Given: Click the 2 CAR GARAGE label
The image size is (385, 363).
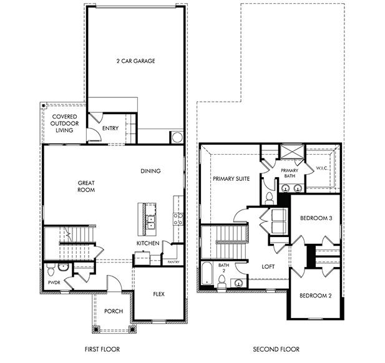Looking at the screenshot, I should tap(135, 61).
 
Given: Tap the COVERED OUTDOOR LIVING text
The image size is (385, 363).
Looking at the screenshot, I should tap(64, 123).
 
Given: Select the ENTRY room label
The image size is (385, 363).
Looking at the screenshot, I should tap(110, 128).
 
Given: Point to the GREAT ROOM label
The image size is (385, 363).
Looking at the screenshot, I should tap(86, 186).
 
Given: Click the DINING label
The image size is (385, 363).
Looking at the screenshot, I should tap(150, 171).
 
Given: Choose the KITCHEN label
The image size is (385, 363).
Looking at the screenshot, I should tap(148, 243).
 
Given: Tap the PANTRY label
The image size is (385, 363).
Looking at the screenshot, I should tap(173, 262).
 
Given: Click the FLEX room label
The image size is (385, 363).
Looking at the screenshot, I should tap(158, 293).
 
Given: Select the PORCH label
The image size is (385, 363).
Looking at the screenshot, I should tap(113, 311).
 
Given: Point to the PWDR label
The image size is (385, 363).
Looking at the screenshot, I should tap(54, 283).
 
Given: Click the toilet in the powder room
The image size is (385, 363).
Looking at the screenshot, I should tap(63, 268).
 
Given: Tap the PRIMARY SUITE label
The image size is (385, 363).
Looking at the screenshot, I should tap(231, 178).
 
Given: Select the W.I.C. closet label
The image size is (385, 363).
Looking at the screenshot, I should tap(322, 168).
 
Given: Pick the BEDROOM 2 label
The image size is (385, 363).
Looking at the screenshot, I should tap(313, 294).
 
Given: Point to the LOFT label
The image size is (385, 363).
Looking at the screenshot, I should tap(268, 266).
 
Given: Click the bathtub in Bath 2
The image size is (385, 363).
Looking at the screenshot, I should tap(207, 272).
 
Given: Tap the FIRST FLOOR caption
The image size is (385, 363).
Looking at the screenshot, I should tap(102, 349).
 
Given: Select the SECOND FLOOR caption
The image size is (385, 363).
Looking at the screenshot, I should tap(276, 349).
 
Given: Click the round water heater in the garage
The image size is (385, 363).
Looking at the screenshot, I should tap(177, 137).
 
